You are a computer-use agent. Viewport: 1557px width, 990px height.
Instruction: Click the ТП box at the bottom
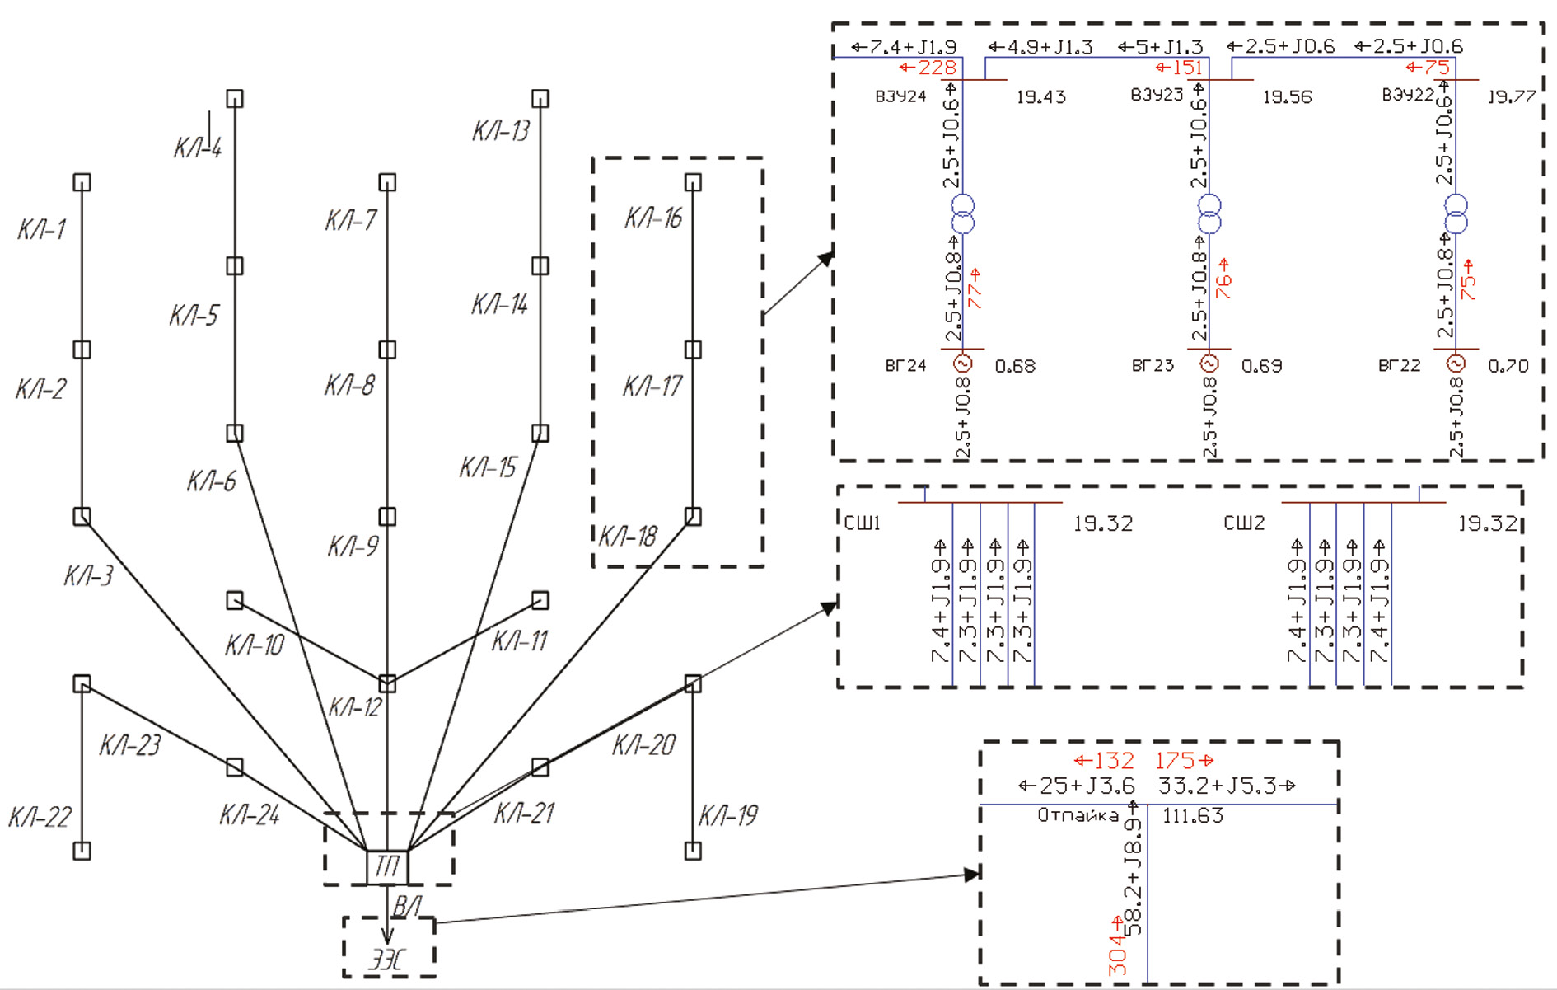point(386,866)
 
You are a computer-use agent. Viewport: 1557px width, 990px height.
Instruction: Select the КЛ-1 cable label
point(41,229)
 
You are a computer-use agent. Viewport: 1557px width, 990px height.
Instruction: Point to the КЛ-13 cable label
point(501,130)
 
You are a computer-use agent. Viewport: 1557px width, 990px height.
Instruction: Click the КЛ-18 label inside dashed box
point(628,537)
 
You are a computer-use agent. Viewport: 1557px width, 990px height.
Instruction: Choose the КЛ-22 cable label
point(40,817)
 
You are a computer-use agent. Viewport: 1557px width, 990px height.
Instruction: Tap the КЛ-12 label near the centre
point(355,706)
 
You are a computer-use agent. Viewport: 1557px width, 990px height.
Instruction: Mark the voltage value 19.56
point(1288,97)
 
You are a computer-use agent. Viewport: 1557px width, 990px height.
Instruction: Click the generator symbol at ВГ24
point(962,364)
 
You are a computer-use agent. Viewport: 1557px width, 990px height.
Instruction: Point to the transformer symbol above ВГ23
point(1209,214)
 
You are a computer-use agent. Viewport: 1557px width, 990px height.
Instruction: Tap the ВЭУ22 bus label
point(1408,96)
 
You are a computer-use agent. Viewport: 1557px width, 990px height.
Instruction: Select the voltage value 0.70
point(1508,366)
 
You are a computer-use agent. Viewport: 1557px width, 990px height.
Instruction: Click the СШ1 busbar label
point(863,523)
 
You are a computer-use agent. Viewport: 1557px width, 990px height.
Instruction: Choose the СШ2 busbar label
point(1244,523)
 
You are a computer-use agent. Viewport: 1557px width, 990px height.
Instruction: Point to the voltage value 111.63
point(1193,816)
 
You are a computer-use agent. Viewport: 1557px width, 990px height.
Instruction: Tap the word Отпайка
point(1078,816)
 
